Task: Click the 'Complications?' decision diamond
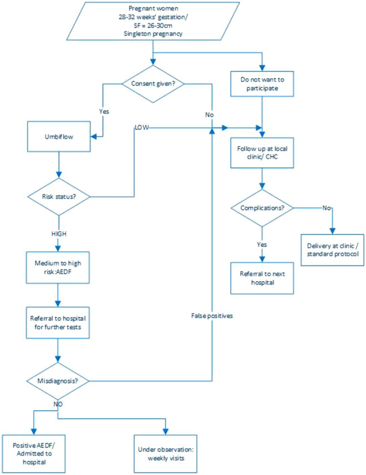[x=261, y=208]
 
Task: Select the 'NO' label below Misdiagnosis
[x=58, y=404]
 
